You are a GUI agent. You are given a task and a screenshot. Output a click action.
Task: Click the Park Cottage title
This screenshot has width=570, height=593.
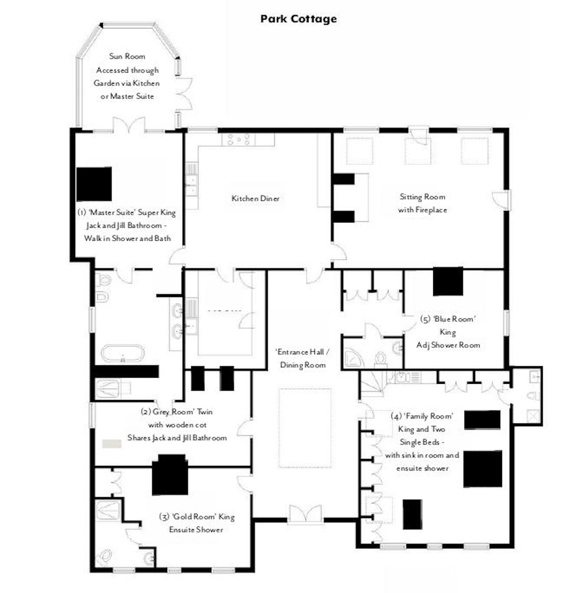(299, 19)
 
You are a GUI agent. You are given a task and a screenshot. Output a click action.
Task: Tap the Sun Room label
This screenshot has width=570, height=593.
(127, 56)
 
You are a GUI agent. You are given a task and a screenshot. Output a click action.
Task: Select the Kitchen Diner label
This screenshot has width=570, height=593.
(255, 198)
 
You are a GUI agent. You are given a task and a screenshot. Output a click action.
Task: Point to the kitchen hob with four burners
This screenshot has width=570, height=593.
(239, 139)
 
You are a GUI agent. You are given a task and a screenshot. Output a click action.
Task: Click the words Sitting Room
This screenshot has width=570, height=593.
(422, 197)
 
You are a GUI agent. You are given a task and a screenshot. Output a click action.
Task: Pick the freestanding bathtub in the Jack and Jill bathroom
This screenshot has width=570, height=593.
(123, 353)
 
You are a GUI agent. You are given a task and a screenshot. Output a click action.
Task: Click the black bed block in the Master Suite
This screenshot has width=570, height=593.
(94, 184)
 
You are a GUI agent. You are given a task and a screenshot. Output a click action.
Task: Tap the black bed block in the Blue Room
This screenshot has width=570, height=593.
(448, 281)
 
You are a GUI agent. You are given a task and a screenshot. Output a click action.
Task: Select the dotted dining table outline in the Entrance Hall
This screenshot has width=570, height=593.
(305, 428)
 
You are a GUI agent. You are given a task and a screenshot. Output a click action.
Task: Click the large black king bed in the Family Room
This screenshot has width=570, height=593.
(483, 469)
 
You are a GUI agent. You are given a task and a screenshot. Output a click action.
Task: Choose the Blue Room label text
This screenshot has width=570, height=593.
(448, 319)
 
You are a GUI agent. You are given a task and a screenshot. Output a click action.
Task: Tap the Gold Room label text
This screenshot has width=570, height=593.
(196, 517)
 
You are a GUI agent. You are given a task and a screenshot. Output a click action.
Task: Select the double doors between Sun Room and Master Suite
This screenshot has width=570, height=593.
(129, 125)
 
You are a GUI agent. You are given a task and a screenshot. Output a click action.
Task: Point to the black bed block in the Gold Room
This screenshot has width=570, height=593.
(170, 475)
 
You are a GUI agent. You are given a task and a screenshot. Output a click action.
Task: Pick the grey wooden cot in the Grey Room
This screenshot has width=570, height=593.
(112, 443)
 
